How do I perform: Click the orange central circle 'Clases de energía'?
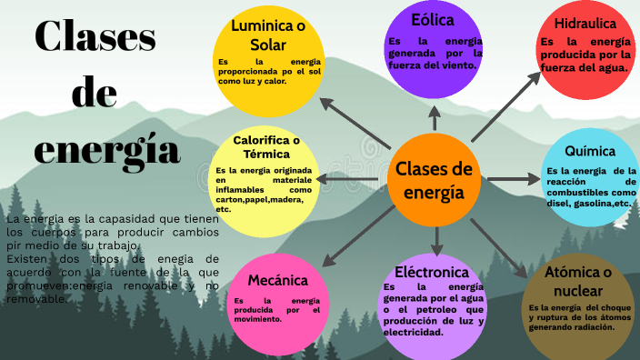click(435, 180)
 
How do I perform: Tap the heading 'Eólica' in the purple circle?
click(432, 19)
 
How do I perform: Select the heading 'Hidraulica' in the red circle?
click(585, 23)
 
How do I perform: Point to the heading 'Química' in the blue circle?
click(589, 151)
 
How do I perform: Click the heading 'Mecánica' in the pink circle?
click(277, 280)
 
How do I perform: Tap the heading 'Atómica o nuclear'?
click(578, 281)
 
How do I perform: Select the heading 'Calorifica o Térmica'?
click(266, 147)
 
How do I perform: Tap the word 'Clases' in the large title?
click(95, 36)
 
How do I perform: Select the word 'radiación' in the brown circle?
click(592, 327)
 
